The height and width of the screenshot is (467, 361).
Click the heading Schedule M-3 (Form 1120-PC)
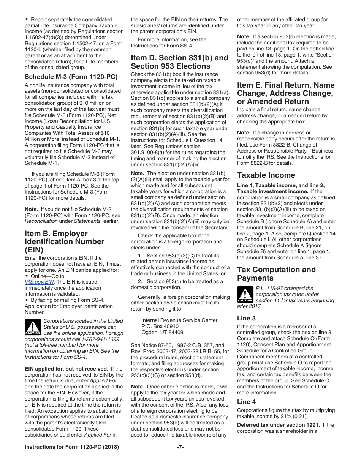(x=71, y=77)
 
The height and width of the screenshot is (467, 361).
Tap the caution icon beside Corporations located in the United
(x=33, y=327)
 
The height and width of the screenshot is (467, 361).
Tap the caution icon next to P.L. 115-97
(x=245, y=294)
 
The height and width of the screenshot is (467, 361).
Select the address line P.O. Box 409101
(x=161, y=326)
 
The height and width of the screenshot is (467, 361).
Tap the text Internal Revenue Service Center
(x=179, y=320)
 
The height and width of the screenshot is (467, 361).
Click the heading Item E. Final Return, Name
(x=286, y=93)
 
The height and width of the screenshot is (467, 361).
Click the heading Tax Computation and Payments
(x=276, y=274)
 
